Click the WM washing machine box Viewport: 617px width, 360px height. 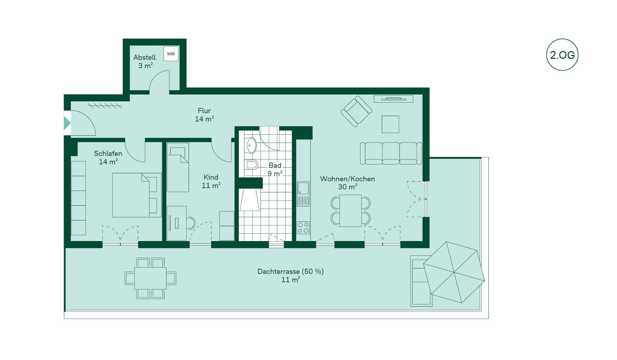pyautogui.click(x=171, y=54)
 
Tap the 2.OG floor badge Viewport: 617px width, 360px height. pyautogui.click(x=562, y=55)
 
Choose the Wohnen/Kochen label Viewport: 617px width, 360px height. pyautogui.click(x=347, y=179)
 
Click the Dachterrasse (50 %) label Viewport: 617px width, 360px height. pyautogui.click(x=291, y=271)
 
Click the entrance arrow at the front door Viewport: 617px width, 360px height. pyautogui.click(x=67, y=123)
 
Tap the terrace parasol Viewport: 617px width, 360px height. pyautogui.click(x=454, y=272)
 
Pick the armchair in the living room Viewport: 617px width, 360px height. pyautogui.click(x=356, y=111)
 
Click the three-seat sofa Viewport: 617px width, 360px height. pyautogui.click(x=391, y=153)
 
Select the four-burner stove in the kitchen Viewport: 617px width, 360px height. pyautogui.click(x=303, y=228)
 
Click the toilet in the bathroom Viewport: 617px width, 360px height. pyautogui.click(x=251, y=165)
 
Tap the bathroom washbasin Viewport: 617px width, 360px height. pyautogui.click(x=251, y=146)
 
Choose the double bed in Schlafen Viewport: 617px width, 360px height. pyautogui.click(x=137, y=195)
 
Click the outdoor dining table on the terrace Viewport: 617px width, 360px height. pyautogui.click(x=150, y=278)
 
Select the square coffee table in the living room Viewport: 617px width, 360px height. pyautogui.click(x=390, y=124)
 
